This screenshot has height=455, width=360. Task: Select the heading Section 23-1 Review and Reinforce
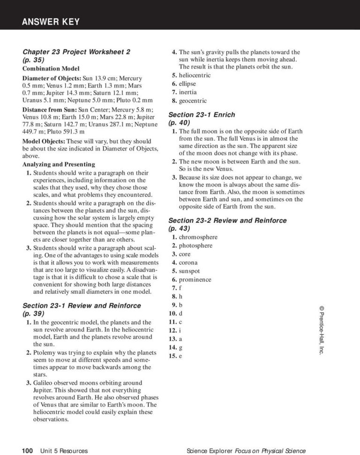82,305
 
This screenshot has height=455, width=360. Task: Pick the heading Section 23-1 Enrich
201,114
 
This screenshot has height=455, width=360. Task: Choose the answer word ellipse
187,83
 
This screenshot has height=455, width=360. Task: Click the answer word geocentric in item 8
192,100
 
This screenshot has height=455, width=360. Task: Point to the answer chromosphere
198,237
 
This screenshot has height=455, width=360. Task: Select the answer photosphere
195,245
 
